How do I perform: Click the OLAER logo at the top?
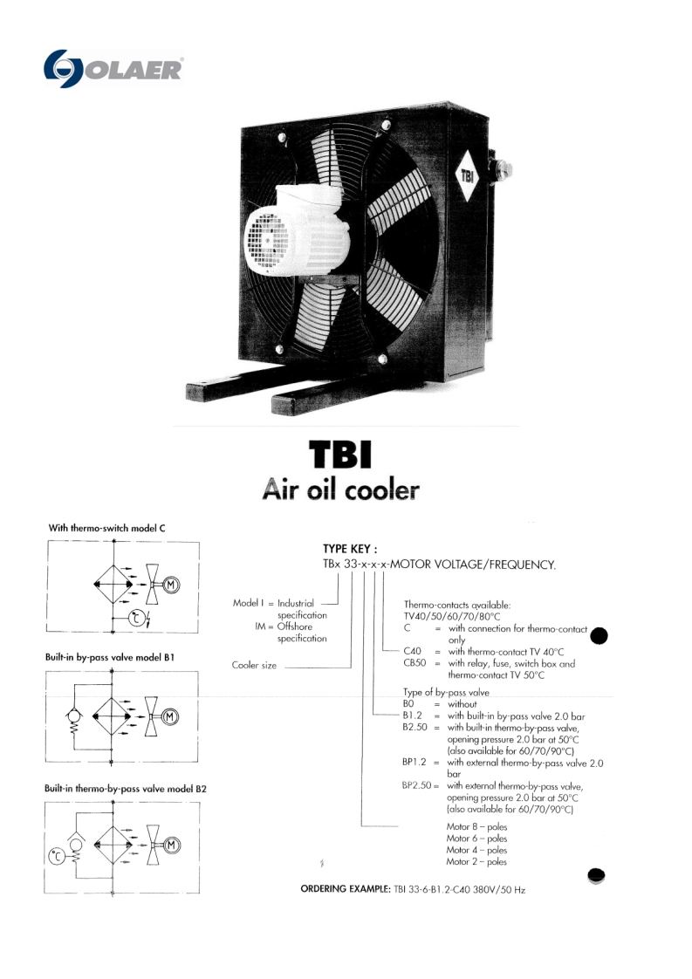(x=113, y=69)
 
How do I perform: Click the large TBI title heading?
(x=340, y=455)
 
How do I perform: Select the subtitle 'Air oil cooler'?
(x=340, y=490)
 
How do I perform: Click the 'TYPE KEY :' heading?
(x=350, y=549)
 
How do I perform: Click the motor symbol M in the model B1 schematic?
(x=172, y=716)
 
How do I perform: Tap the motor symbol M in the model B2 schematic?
(x=172, y=845)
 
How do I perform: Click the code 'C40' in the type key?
(x=414, y=651)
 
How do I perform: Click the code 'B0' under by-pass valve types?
(x=409, y=702)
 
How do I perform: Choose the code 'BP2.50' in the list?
(x=417, y=785)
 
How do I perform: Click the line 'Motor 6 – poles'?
(x=476, y=837)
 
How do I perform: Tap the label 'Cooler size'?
(x=254, y=666)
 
